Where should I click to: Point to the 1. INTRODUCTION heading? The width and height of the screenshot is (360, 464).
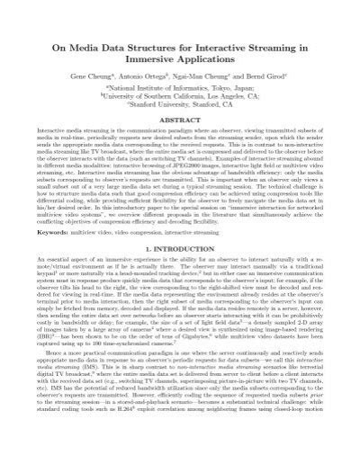(x=180, y=270)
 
